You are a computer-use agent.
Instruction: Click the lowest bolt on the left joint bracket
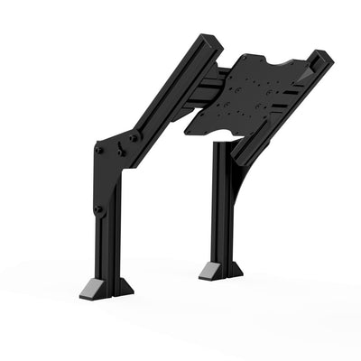click(x=98, y=209)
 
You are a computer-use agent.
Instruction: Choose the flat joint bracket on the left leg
click(x=113, y=171)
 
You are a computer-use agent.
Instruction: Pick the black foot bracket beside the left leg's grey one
click(x=119, y=287)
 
